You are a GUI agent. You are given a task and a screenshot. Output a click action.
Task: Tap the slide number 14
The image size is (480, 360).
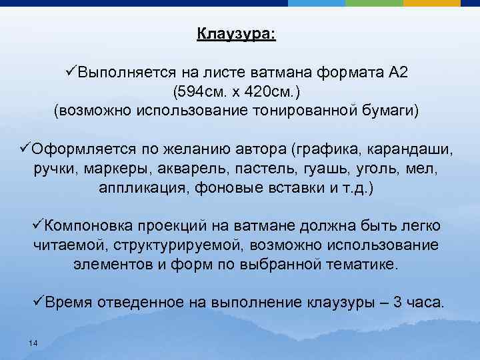coord(33,343)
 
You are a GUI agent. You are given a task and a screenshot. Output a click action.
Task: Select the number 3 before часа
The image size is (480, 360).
coord(397,302)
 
